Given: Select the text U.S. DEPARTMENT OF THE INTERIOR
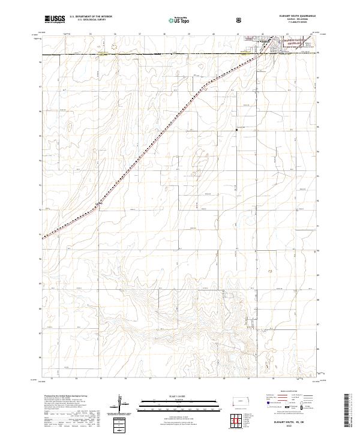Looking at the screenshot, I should (91, 17).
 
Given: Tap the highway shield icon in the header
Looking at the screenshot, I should (239, 20).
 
